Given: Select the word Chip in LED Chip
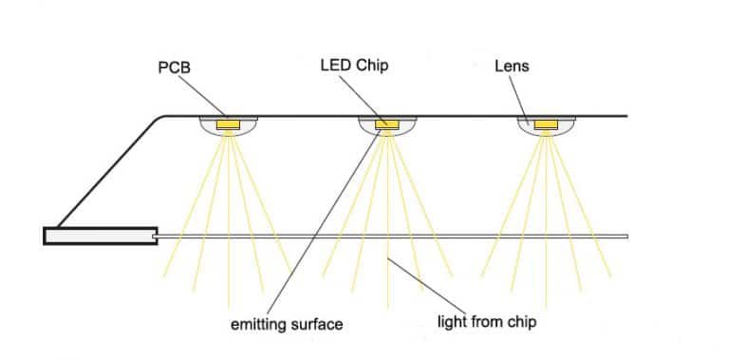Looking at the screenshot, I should pyautogui.click(x=371, y=66).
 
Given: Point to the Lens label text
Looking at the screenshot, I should pyautogui.click(x=512, y=66).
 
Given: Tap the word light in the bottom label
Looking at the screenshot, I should pyautogui.click(x=451, y=322).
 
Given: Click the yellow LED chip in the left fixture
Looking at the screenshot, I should pyautogui.click(x=229, y=123).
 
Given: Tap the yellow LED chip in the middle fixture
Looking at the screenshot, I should pyautogui.click(x=387, y=123).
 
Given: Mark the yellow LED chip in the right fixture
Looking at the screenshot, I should pyautogui.click(x=546, y=123).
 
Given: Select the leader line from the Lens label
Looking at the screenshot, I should pyautogui.click(x=520, y=99).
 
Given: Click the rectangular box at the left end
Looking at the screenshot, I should pyautogui.click(x=100, y=236).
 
